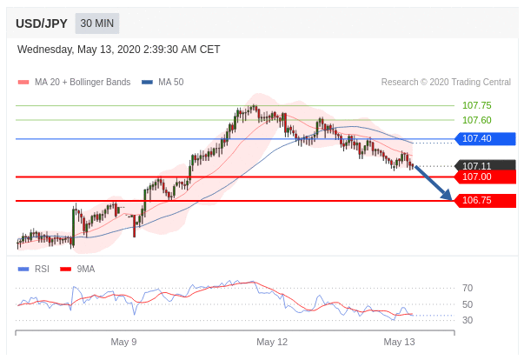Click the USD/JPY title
click(42, 23)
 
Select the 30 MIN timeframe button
click(97, 23)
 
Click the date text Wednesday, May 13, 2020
click(79, 50)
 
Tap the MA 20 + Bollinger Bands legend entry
click(74, 83)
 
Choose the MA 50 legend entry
click(163, 83)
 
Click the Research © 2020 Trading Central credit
click(446, 83)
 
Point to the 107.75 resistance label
click(476, 105)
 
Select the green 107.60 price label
click(476, 120)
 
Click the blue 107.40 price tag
click(485, 138)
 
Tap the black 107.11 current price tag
click(485, 165)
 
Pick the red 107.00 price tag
click(485, 177)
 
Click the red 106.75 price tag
click(485, 201)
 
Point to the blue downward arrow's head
click(451, 199)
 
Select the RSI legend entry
click(34, 269)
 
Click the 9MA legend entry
click(77, 269)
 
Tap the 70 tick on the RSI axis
click(468, 288)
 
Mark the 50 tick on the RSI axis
click(468, 304)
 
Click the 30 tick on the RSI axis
click(468, 320)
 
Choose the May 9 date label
click(123, 342)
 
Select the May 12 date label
click(272, 342)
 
